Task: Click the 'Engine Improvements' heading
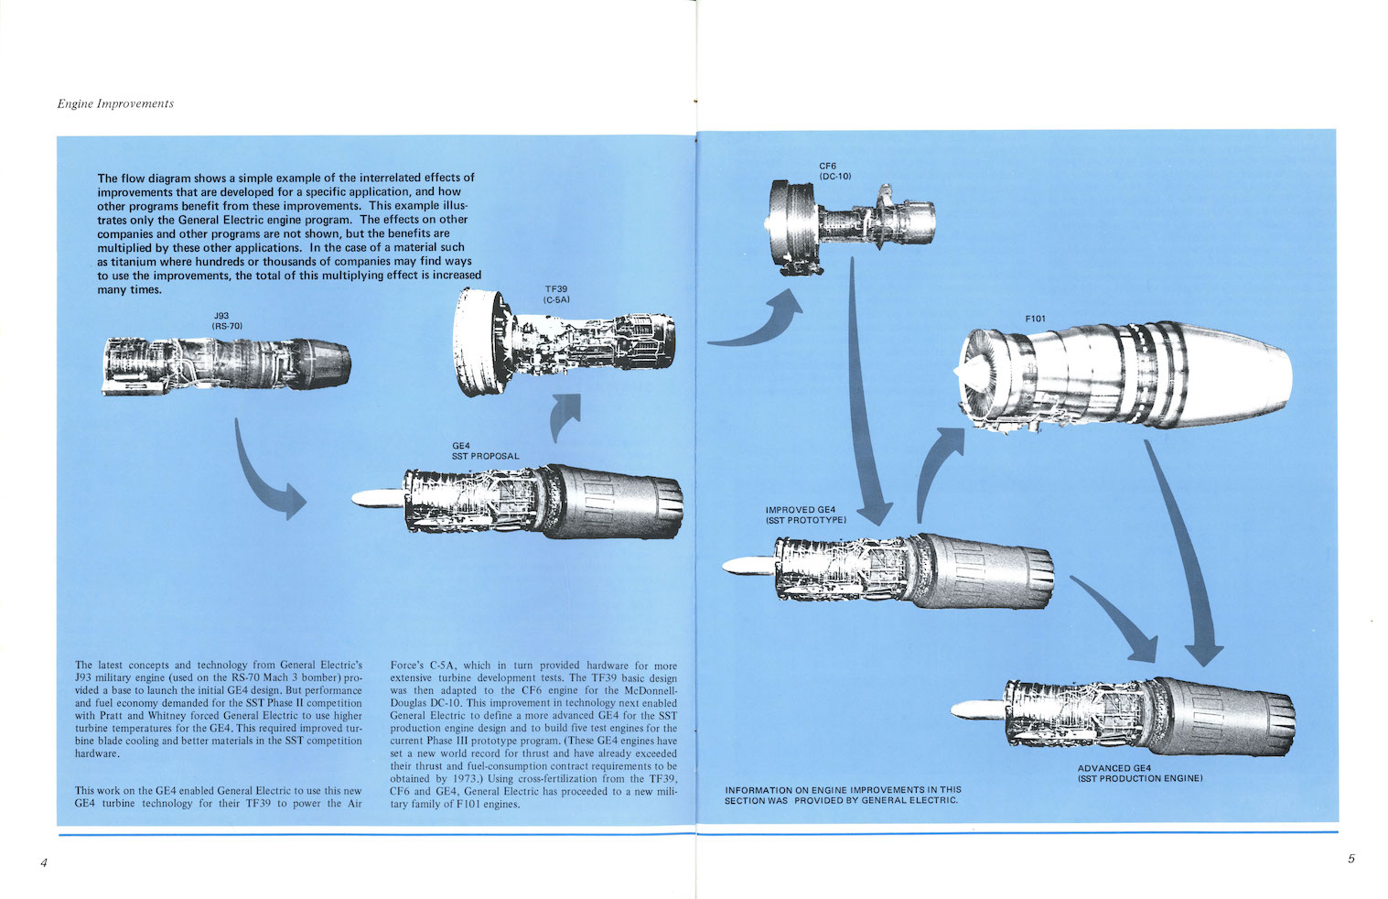115,103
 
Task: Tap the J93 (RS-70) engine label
227,320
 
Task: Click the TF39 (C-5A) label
556,294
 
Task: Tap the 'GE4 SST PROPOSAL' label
484,450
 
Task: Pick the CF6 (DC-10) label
834,170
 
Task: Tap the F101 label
1035,319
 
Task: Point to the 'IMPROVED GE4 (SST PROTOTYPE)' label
805,514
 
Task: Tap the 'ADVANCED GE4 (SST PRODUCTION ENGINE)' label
1139,774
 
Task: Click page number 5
1350,859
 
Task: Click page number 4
43,862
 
